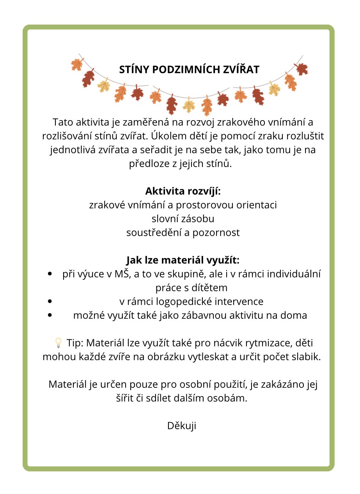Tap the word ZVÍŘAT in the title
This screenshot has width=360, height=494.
point(243,69)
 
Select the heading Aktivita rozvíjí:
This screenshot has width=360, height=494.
point(183,191)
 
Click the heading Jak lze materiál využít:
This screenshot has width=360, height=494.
point(183,260)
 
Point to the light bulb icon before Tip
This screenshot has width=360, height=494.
point(58,343)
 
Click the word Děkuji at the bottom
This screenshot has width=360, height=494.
point(182,425)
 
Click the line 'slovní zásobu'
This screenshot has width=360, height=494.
point(183,219)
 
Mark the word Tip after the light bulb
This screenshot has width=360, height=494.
point(75,343)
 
